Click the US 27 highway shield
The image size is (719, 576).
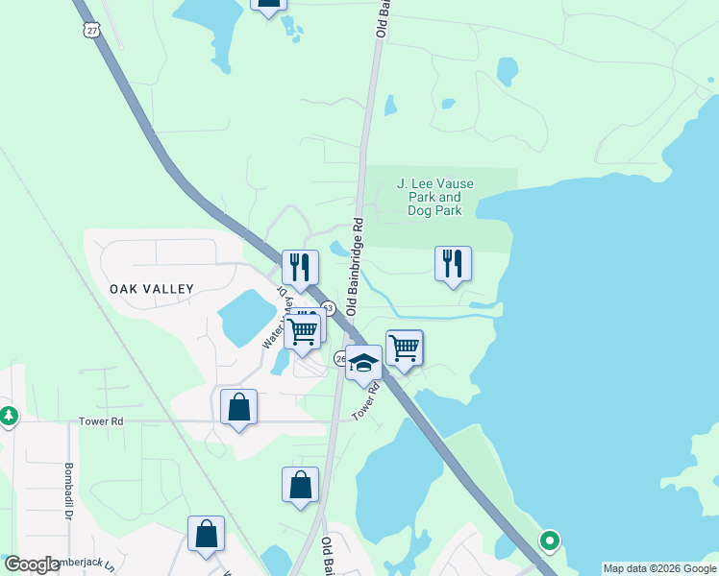(x=91, y=30)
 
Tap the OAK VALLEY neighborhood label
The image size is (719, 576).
(x=152, y=288)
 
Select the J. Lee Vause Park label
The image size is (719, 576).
(x=435, y=197)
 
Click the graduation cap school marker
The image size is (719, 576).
(x=363, y=364)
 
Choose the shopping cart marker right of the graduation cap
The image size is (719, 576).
(x=405, y=348)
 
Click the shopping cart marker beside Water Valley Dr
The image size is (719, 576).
(x=303, y=332)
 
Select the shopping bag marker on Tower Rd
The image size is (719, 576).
(x=238, y=407)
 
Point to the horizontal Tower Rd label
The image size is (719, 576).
(x=102, y=421)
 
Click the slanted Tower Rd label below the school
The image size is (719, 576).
(x=366, y=400)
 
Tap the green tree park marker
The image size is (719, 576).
(x=8, y=417)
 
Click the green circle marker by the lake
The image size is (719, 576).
(x=549, y=541)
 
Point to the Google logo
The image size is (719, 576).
(x=32, y=565)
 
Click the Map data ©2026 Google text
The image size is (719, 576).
(x=659, y=568)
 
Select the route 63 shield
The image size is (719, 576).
(x=328, y=308)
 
